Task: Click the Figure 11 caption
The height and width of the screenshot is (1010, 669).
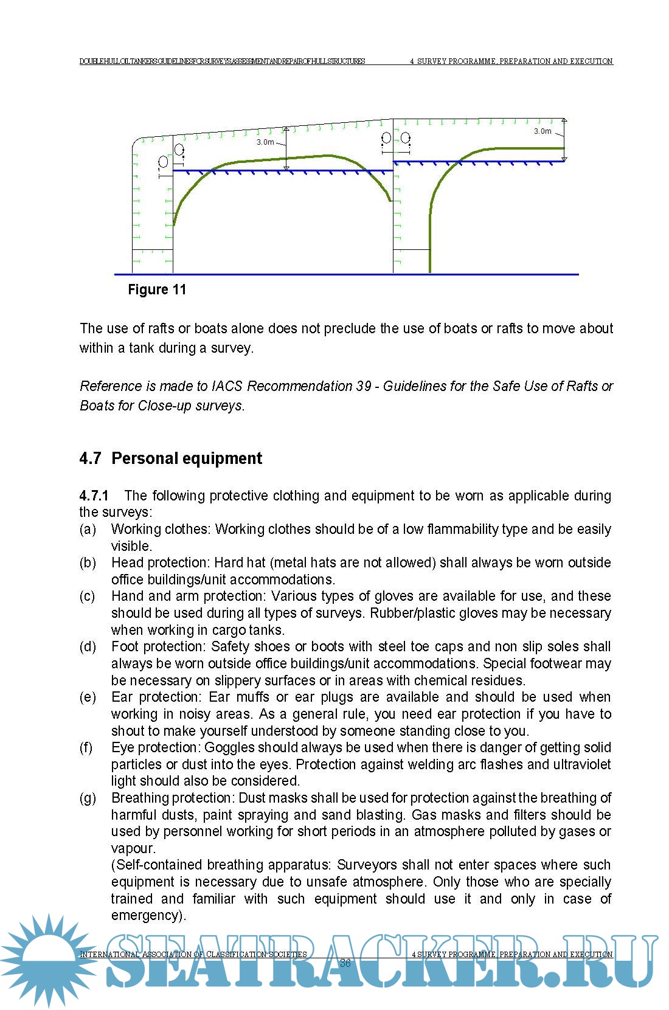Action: coord(156,289)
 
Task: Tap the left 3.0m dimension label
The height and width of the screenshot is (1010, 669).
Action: coord(265,142)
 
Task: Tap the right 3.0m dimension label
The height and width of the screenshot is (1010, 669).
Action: coord(542,131)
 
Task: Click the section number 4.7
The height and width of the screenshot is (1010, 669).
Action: coord(90,458)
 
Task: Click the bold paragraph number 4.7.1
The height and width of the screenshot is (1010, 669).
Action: coord(94,496)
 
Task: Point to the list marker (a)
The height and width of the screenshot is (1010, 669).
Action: coord(88,529)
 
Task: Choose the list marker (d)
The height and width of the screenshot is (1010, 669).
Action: coord(88,646)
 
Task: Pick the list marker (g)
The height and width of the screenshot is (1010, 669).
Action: coord(88,798)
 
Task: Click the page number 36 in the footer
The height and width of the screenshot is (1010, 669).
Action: coord(345,963)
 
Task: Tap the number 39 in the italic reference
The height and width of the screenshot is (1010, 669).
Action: coord(363,386)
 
